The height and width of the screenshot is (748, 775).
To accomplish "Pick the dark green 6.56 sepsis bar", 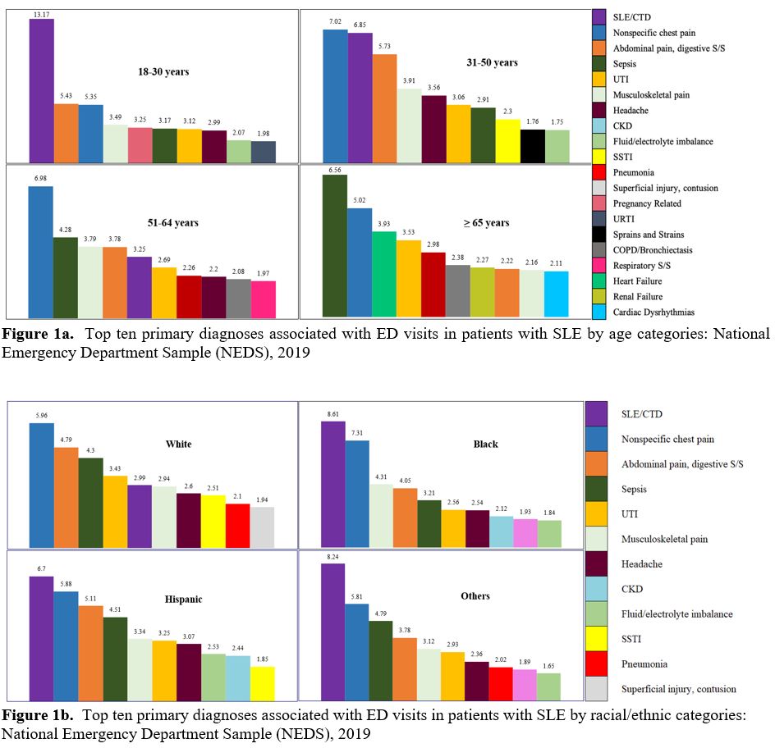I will (335, 245).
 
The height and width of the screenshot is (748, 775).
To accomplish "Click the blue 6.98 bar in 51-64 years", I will (41, 251).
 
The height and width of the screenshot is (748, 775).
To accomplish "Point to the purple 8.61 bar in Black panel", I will (332, 483).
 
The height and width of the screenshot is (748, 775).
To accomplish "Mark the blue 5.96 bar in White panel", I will (41, 485).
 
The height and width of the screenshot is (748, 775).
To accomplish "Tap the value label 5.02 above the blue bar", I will (360, 202).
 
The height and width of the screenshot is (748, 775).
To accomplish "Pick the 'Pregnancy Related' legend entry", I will (647, 203).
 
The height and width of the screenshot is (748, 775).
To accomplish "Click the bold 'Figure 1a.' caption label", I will (34, 335).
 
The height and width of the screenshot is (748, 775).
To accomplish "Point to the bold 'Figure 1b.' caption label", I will (34, 715).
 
